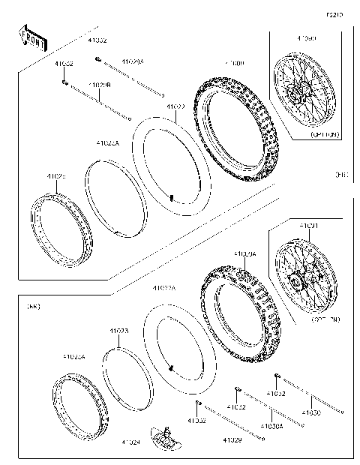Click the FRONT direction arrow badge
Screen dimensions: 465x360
[32, 37]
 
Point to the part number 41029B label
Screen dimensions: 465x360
[100, 85]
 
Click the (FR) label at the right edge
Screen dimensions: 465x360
[343, 175]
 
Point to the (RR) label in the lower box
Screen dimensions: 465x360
[33, 306]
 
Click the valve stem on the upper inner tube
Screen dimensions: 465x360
[171, 198]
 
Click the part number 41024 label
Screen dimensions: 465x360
[131, 442]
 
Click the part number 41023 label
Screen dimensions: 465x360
[118, 331]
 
